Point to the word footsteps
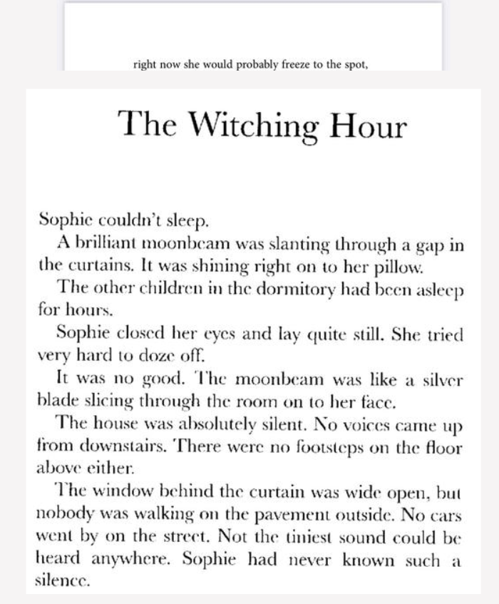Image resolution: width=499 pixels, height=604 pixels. (x=309, y=436)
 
